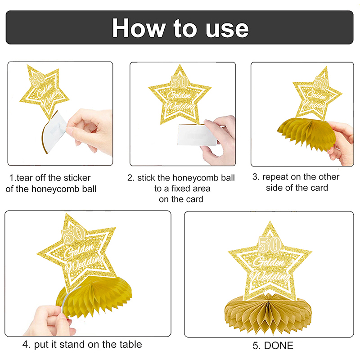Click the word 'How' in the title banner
pyautogui.click(x=139, y=28)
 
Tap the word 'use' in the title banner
pyautogui.click(x=227, y=30)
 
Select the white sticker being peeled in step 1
pyautogui.click(x=54, y=131)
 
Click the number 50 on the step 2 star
pyautogui.click(x=180, y=82)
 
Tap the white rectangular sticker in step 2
pyautogui.click(x=197, y=135)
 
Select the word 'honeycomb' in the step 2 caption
pyautogui.click(x=195, y=178)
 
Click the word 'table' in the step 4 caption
pyautogui.click(x=131, y=345)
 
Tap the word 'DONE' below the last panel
pyautogui.click(x=279, y=346)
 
